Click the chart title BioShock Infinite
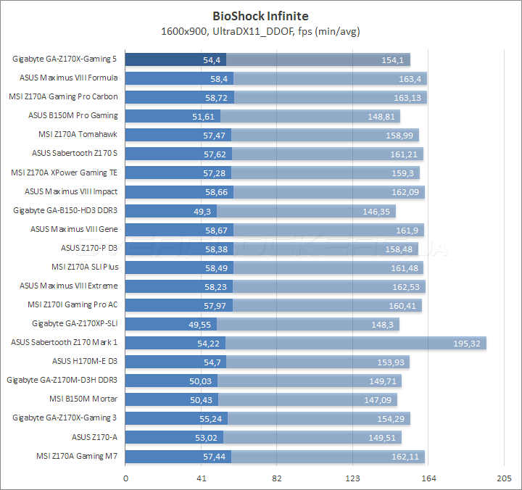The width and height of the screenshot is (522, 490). tap(261, 15)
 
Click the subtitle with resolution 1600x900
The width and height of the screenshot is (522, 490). tap(261, 31)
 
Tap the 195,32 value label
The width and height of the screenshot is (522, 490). tap(465, 343)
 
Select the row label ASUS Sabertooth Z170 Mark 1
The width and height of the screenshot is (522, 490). tap(65, 342)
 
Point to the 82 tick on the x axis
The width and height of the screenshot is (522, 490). tap(277, 479)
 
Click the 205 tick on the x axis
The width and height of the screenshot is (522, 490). tap(504, 479)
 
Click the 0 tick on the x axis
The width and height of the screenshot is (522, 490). tap(126, 479)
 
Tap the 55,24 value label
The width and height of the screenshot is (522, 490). tap(215, 418)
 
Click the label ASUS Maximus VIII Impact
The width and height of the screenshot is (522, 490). tap(71, 191)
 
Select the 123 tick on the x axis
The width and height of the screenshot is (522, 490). tap(353, 479)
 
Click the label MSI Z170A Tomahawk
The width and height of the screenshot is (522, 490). tap(78, 135)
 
